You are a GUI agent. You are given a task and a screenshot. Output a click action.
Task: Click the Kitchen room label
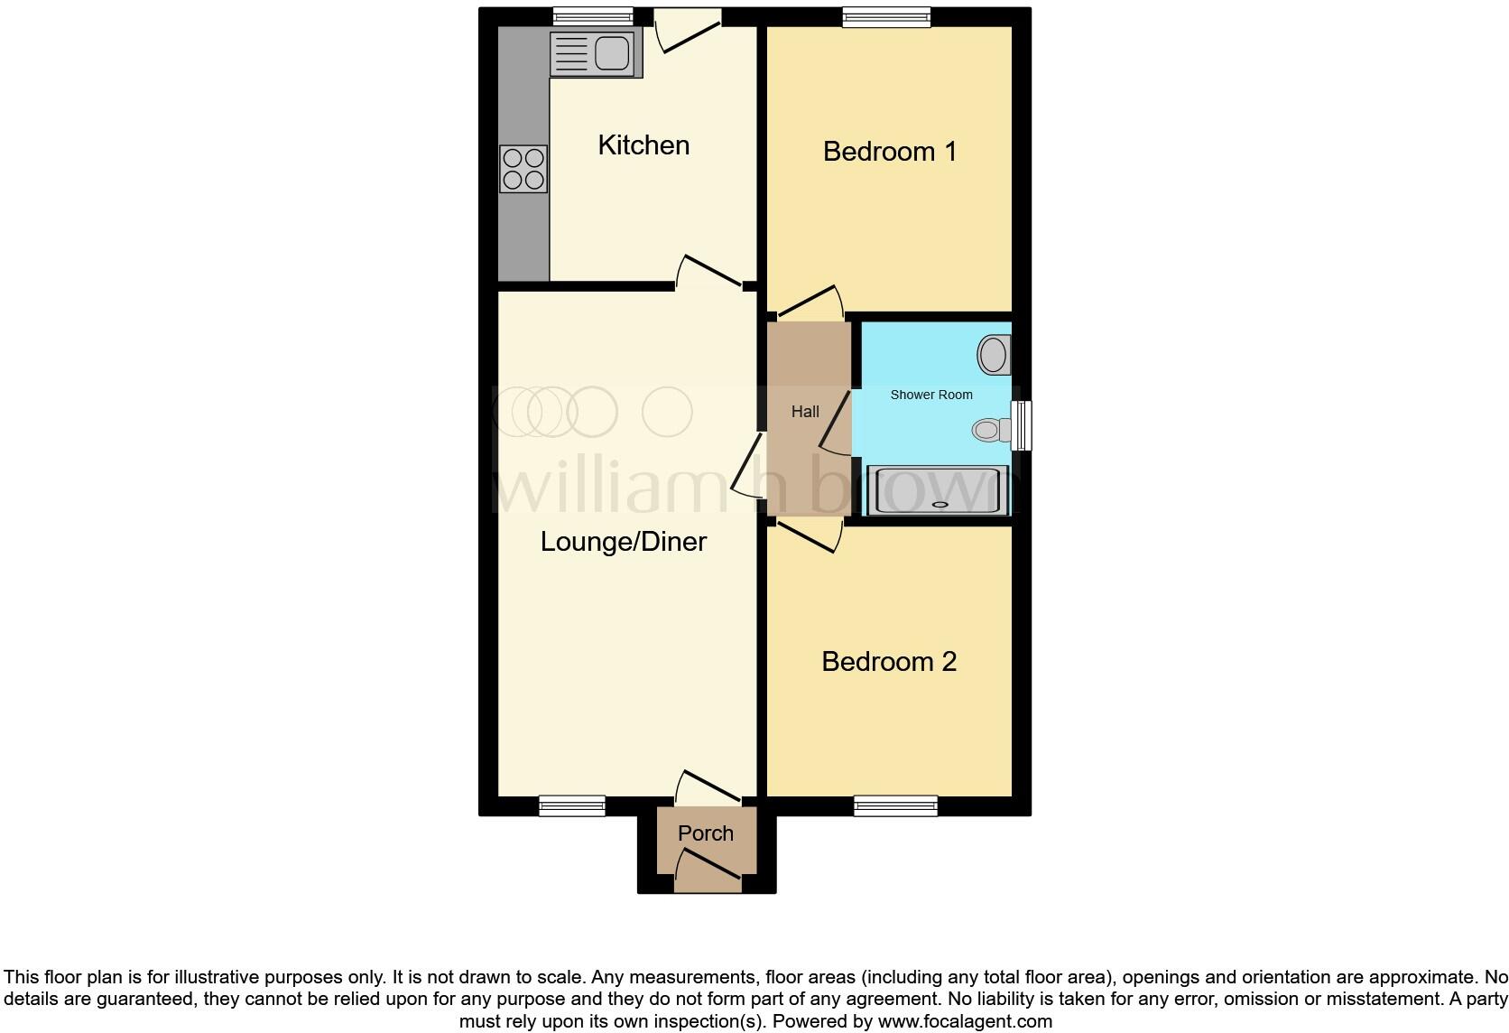pos(643,144)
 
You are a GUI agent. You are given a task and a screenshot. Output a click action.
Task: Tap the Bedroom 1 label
pos(889,151)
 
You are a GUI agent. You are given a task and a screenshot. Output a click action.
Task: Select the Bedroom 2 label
pos(888,661)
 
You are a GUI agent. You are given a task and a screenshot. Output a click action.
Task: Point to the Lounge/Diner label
pos(623,541)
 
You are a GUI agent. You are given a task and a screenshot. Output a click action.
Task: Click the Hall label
pos(805,412)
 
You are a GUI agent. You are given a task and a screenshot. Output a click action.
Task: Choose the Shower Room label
pos(931,395)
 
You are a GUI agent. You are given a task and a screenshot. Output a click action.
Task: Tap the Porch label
pos(705,833)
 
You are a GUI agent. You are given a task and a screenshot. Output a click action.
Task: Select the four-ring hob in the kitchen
pos(523,169)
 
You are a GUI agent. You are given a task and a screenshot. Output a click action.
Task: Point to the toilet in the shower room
pos(991,430)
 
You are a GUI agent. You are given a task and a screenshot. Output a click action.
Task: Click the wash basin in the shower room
pos(994,354)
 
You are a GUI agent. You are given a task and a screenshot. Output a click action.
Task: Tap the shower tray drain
pos(940,505)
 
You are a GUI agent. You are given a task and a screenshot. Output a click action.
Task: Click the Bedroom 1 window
pos(886,15)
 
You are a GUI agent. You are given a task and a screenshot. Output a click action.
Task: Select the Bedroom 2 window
pos(895,805)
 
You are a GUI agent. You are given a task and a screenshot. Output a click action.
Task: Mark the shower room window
pos(1022,426)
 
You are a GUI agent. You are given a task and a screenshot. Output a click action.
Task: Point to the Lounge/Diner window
pos(572,805)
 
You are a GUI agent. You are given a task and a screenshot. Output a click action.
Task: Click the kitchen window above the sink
pos(592,15)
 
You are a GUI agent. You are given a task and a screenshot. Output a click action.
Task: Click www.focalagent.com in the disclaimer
pos(964,1022)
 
